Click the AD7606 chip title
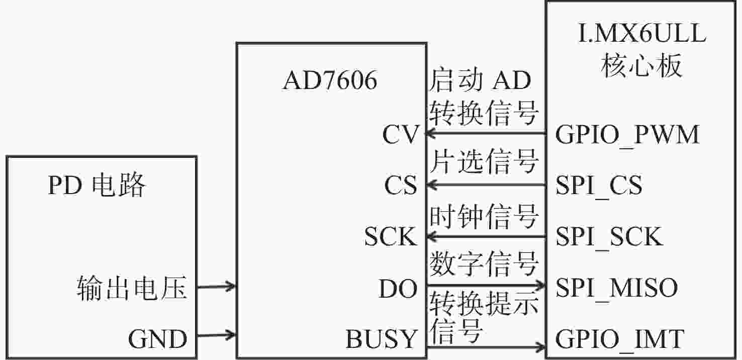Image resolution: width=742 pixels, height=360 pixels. pos(330,80)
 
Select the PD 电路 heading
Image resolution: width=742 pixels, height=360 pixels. pos(97,185)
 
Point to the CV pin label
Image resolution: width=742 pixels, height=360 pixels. pos(401,134)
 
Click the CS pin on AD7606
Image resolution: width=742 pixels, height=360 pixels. pos(401,185)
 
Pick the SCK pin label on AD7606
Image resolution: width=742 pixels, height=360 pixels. pos(391,236)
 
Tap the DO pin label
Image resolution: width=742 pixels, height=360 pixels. pos(398,288)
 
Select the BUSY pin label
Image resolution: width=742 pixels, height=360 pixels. pos(381,338)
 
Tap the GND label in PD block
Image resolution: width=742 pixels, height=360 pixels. pos(158,339)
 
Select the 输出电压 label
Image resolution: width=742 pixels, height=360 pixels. pos(132,288)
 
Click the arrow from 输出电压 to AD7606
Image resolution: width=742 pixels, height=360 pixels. pos(216,286)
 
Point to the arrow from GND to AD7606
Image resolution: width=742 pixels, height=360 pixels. pos(216,335)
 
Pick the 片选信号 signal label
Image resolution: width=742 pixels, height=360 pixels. pos(484,161)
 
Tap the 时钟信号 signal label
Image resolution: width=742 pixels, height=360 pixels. pos(484,217)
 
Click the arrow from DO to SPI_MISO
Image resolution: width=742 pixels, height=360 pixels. pos(486,285)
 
